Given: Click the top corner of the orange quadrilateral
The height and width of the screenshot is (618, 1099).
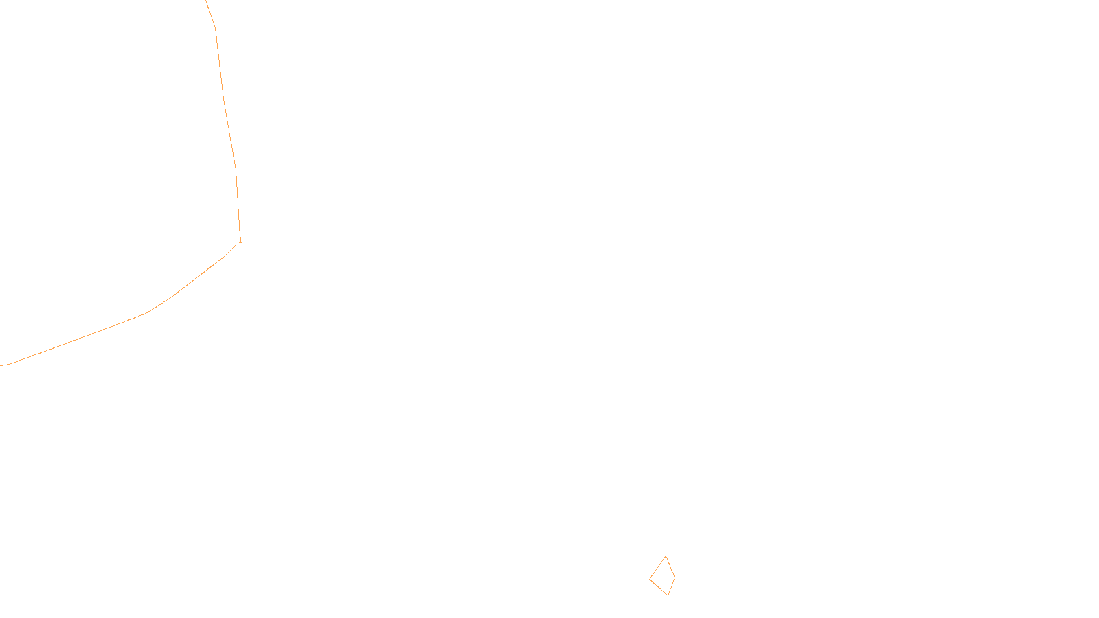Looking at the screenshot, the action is tap(666, 556).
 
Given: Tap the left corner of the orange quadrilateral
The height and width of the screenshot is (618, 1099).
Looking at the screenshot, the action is tap(650, 579).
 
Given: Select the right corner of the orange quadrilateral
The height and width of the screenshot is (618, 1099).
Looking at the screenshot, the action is tap(675, 577).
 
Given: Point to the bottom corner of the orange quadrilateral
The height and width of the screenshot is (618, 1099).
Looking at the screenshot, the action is tap(668, 595).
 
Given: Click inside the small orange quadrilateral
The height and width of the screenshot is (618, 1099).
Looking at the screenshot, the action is tap(664, 577).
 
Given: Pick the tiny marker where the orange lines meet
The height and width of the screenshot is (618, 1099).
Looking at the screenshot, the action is tap(240, 240).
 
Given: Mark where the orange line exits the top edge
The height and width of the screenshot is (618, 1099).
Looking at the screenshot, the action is tap(206, 1).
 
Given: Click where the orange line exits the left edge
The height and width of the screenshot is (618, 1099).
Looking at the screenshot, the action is tap(1, 365).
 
